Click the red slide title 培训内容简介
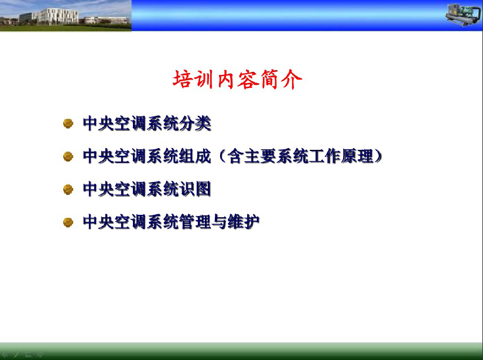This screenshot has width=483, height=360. coord(237,80)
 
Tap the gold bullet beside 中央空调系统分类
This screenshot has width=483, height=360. coord(68,124)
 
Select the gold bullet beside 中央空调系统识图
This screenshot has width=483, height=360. coord(68,189)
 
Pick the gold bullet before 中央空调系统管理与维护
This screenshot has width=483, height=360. coord(68,222)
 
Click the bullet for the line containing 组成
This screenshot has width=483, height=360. coord(68,156)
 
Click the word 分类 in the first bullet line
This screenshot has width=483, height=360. coord(196,124)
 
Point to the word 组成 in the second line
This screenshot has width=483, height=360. coord(196,156)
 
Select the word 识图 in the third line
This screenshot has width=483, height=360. coord(196,189)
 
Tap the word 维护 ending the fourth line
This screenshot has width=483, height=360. coord(244,222)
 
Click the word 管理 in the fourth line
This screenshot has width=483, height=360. coord(196,222)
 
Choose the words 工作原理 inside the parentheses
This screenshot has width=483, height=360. coord(341,156)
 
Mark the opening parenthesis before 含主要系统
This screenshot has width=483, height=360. coord(222,156)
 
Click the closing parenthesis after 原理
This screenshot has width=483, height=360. coord(378,156)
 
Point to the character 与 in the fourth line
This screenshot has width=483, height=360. coord(220,222)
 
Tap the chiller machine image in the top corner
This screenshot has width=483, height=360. coord(463,15)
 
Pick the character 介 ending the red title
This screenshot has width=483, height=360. coord(292,80)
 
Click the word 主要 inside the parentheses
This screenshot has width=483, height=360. coord(260,156)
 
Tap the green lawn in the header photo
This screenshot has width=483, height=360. coord(66,28)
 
